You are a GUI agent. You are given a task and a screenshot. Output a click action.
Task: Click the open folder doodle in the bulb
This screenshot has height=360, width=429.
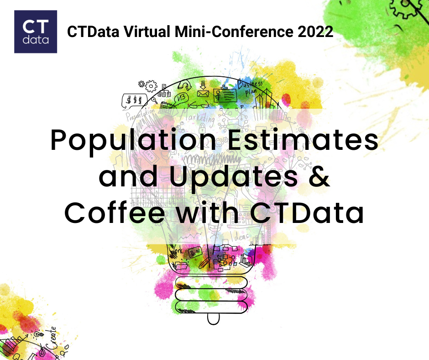pyautogui.click(x=180, y=265)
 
